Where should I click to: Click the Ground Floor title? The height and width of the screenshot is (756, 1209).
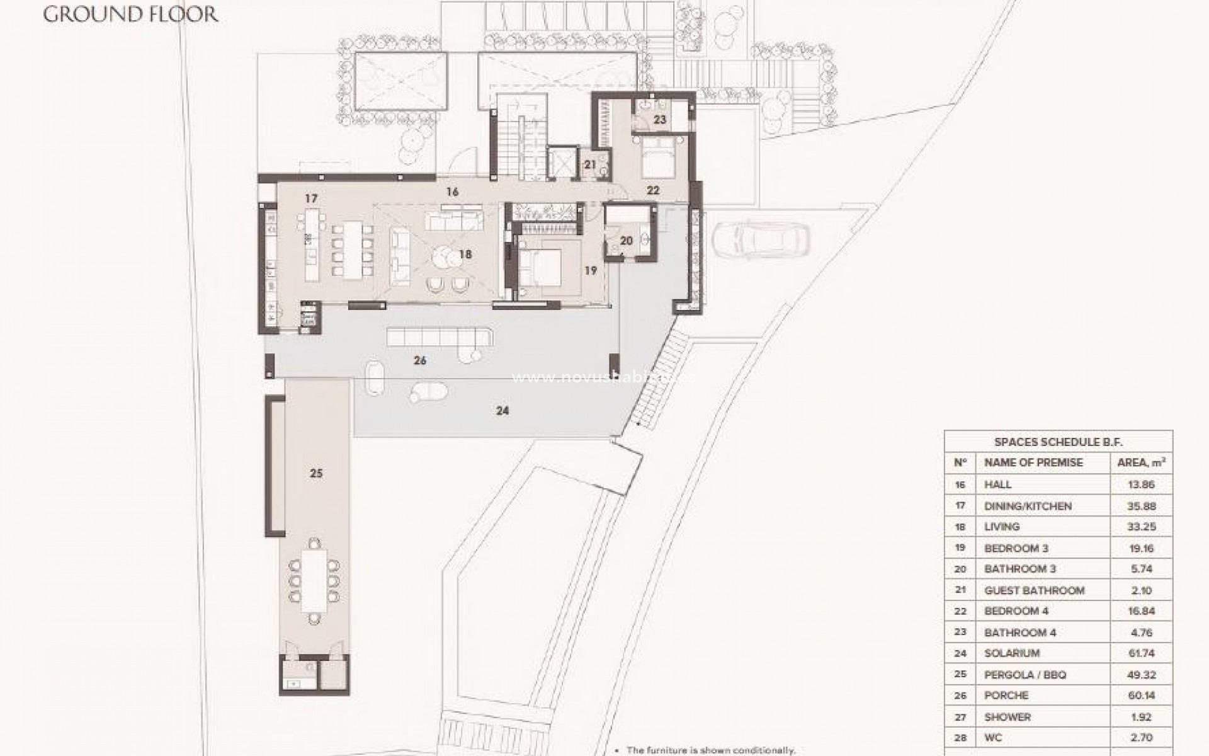(130, 14)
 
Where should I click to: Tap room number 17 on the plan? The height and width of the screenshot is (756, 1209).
(311, 198)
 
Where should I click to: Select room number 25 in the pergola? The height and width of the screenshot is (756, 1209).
(316, 472)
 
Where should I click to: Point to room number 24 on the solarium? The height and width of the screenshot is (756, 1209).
(502, 411)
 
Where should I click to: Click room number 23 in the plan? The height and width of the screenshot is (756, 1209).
(659, 119)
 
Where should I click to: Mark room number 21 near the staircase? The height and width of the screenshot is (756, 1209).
(590, 165)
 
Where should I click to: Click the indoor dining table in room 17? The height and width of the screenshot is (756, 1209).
(352, 249)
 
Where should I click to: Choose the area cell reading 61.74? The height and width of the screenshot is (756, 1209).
(1141, 653)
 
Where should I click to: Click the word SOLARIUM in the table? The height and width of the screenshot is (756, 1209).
(1012, 653)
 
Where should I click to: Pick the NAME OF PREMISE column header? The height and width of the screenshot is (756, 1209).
(1033, 462)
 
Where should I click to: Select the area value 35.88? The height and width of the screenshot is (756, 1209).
(1141, 506)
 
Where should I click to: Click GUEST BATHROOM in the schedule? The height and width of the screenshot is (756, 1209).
(1034, 590)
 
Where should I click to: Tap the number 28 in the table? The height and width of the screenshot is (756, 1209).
(960, 737)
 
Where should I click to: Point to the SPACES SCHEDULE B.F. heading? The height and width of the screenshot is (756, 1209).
(1058, 442)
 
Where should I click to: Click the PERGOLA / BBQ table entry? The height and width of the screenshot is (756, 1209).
(1025, 675)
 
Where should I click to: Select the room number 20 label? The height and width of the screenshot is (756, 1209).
(626, 241)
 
